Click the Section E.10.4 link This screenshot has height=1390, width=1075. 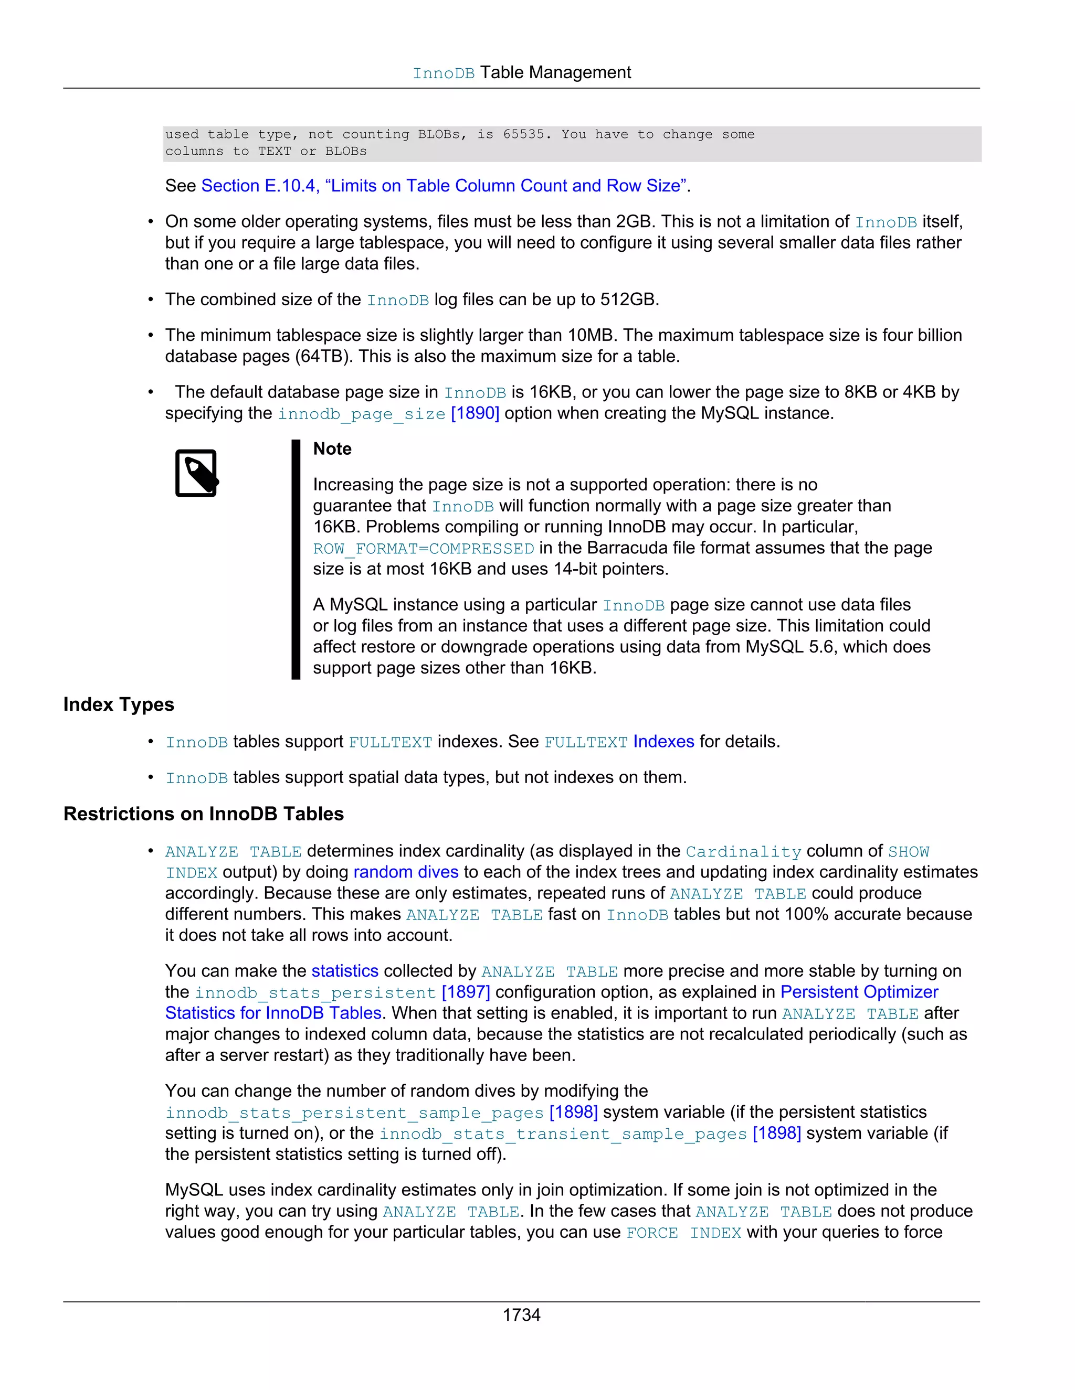(444, 186)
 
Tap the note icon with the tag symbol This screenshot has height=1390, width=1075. (196, 474)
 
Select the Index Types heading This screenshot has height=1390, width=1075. (119, 704)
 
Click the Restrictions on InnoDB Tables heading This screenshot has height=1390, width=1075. (203, 814)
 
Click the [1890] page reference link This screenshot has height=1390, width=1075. (475, 414)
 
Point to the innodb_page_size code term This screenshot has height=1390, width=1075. (361, 414)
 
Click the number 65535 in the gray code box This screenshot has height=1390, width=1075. (523, 134)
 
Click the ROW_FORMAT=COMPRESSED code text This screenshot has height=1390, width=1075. (423, 549)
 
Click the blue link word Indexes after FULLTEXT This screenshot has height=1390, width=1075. (663, 742)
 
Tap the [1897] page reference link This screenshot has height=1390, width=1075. (466, 992)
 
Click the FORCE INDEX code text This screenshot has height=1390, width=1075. (683, 1233)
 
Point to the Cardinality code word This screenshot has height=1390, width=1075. (743, 851)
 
